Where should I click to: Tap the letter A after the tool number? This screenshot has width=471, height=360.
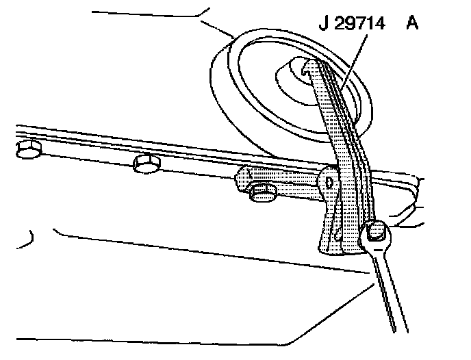[412, 25]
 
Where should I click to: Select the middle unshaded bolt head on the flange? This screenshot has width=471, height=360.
[147, 164]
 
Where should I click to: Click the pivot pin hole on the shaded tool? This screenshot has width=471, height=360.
[331, 182]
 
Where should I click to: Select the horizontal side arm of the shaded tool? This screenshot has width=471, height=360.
[281, 181]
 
